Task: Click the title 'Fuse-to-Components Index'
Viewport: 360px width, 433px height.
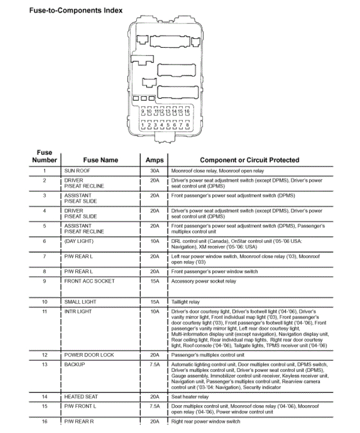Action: [x=76, y=10]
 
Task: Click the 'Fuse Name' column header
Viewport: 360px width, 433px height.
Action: [x=100, y=160]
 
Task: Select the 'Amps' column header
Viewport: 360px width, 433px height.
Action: [x=154, y=160]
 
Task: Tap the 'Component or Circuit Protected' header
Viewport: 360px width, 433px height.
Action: [x=249, y=160]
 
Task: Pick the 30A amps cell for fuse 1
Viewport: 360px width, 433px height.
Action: [x=154, y=171]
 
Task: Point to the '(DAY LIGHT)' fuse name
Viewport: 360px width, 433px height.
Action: [x=79, y=241]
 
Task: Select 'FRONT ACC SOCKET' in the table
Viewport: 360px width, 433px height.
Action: [x=89, y=281]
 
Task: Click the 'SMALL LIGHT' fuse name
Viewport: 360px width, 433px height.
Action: [x=80, y=302]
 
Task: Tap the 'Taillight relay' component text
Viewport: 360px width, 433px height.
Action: [x=185, y=302]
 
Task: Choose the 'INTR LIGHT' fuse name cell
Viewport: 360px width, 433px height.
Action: [x=78, y=312]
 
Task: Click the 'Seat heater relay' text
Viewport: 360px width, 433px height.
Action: [x=190, y=397]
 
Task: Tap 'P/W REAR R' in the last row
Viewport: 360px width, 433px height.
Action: [x=79, y=421]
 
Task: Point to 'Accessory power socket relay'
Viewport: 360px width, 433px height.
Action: [x=204, y=281]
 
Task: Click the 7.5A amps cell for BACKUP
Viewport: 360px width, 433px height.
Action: [x=154, y=364]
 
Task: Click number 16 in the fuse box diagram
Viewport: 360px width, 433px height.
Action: [x=187, y=111]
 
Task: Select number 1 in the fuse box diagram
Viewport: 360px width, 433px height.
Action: [x=142, y=125]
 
